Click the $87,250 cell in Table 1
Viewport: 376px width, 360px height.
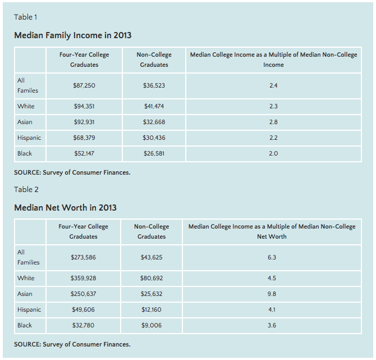click(x=84, y=85)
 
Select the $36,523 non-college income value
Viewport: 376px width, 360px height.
click(x=154, y=85)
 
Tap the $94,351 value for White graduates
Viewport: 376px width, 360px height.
click(x=84, y=106)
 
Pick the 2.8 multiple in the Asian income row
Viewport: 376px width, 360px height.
click(x=273, y=122)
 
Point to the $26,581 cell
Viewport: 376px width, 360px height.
click(x=154, y=153)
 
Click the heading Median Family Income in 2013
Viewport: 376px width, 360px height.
click(x=72, y=35)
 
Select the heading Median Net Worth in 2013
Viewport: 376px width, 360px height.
click(x=65, y=208)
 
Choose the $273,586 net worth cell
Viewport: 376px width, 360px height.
click(x=83, y=257)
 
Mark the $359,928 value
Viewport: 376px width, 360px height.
click(x=83, y=278)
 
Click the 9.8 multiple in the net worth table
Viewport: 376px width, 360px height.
click(x=272, y=294)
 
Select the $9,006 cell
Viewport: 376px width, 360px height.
click(x=152, y=325)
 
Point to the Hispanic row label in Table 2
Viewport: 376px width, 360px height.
click(x=29, y=309)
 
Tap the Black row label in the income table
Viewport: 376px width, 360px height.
click(x=25, y=153)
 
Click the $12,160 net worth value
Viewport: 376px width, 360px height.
click(x=152, y=309)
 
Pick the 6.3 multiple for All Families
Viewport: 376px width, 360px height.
click(x=272, y=257)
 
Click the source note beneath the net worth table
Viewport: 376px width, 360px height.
click(x=72, y=344)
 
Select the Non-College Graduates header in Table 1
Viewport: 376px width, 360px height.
click(x=154, y=60)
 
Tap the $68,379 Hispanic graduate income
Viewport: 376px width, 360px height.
click(x=84, y=138)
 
